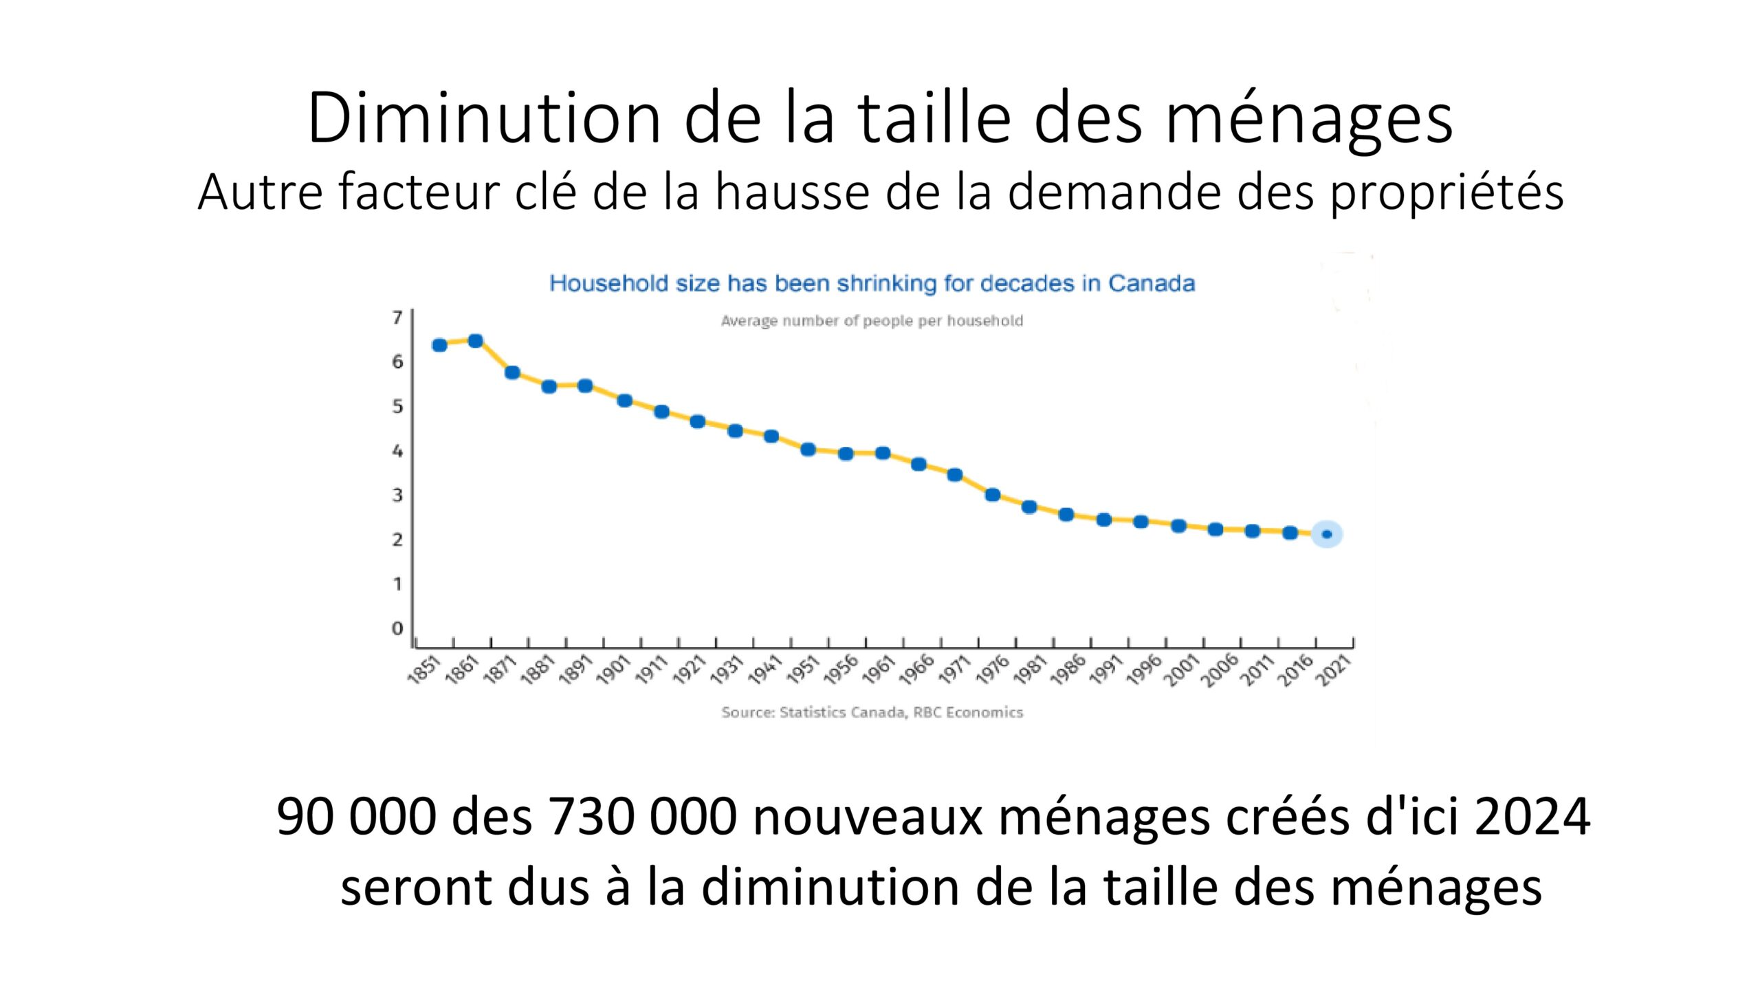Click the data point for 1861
(x=475, y=341)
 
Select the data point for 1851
(x=439, y=345)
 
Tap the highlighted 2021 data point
(x=1326, y=534)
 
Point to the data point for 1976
(x=992, y=495)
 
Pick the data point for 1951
(x=808, y=450)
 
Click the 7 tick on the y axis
(x=397, y=318)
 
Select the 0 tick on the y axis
(x=397, y=628)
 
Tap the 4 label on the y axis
(x=397, y=451)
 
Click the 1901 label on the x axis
(x=613, y=670)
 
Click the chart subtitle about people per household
(x=872, y=321)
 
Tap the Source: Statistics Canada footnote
(x=872, y=712)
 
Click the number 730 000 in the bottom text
(x=642, y=817)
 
